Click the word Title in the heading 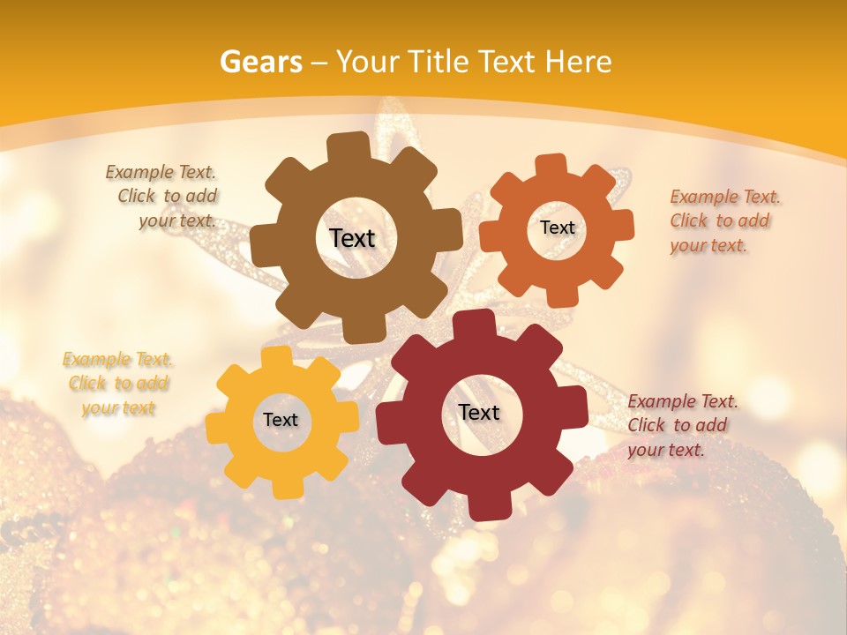(x=437, y=62)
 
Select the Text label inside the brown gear (x=352, y=238)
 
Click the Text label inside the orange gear (x=557, y=228)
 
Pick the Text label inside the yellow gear (x=281, y=420)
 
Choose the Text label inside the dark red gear (x=479, y=412)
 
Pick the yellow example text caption (x=118, y=384)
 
